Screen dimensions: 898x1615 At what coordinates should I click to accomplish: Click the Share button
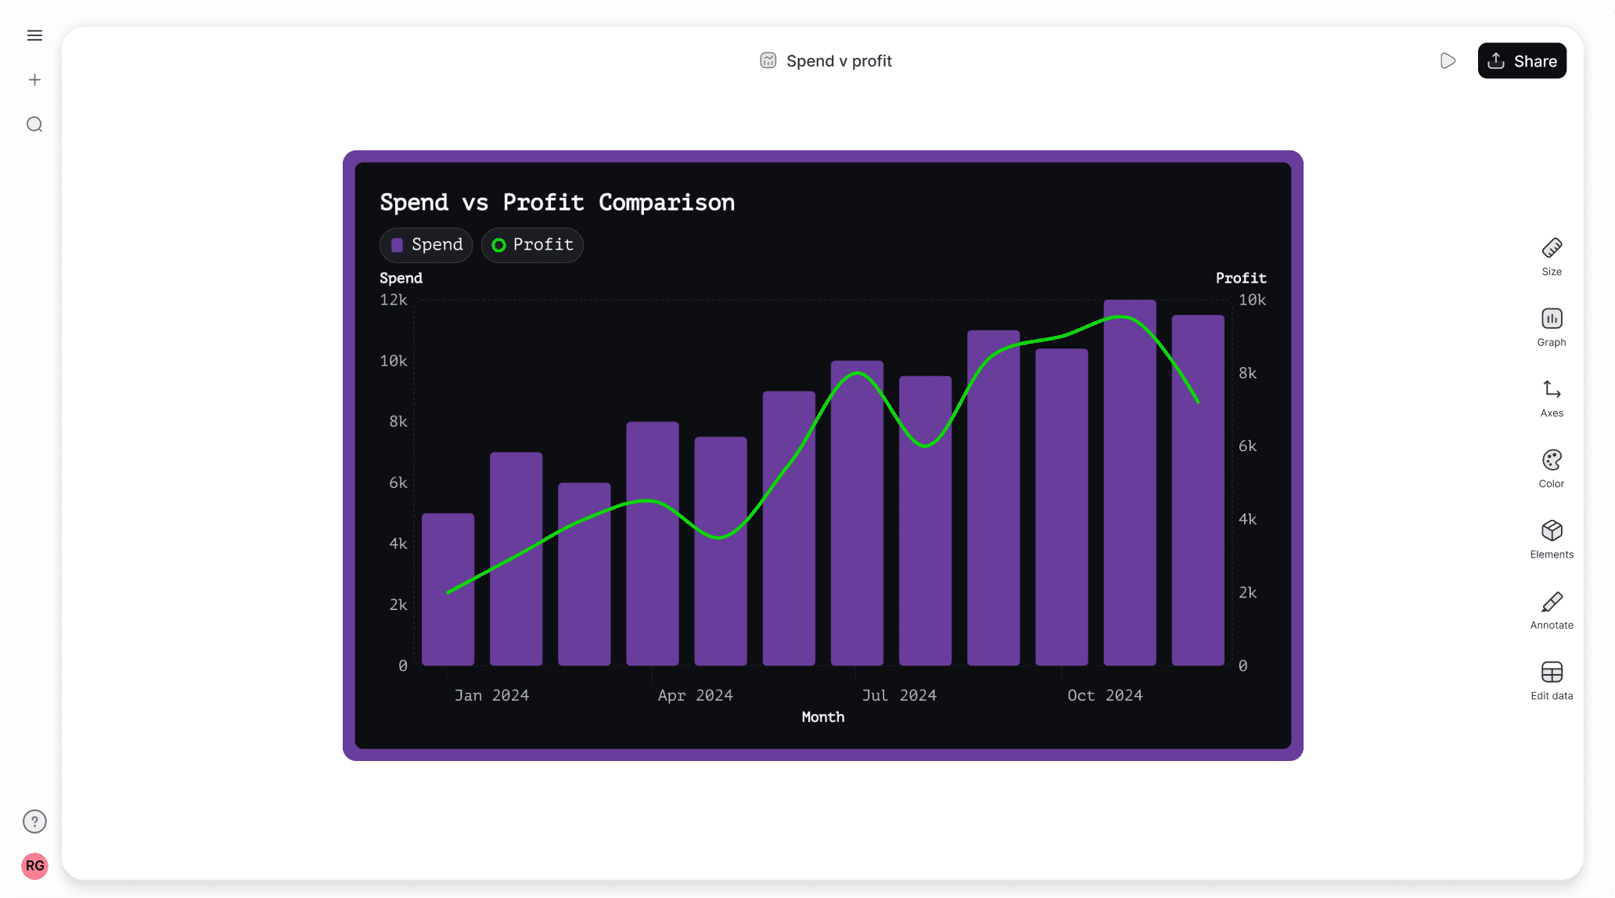(1521, 61)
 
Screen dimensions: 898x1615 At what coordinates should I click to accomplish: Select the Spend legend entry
(426, 245)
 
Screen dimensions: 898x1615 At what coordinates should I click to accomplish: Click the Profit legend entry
(532, 245)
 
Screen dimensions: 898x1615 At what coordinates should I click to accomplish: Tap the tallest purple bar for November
(1129, 485)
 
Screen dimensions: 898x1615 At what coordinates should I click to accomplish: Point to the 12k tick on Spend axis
(394, 300)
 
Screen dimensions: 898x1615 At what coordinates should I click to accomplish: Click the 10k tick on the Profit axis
(1252, 300)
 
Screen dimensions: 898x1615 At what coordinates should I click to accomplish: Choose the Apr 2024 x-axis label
(695, 695)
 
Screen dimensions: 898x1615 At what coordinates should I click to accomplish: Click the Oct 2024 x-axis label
(1104, 695)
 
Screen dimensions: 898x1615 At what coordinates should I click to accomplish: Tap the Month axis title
(822, 717)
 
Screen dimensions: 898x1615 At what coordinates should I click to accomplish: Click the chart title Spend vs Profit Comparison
(556, 203)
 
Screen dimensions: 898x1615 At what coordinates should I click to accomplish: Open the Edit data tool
(1551, 680)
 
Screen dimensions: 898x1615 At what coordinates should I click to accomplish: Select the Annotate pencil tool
(1551, 609)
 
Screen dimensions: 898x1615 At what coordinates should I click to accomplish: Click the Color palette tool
(1551, 468)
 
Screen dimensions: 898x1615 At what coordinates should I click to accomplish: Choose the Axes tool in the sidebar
(1551, 398)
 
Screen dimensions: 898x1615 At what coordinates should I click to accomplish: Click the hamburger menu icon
(34, 35)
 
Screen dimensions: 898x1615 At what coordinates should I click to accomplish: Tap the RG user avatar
(34, 866)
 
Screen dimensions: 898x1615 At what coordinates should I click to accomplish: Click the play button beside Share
(1448, 61)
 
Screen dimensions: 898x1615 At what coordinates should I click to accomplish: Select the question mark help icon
(34, 821)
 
